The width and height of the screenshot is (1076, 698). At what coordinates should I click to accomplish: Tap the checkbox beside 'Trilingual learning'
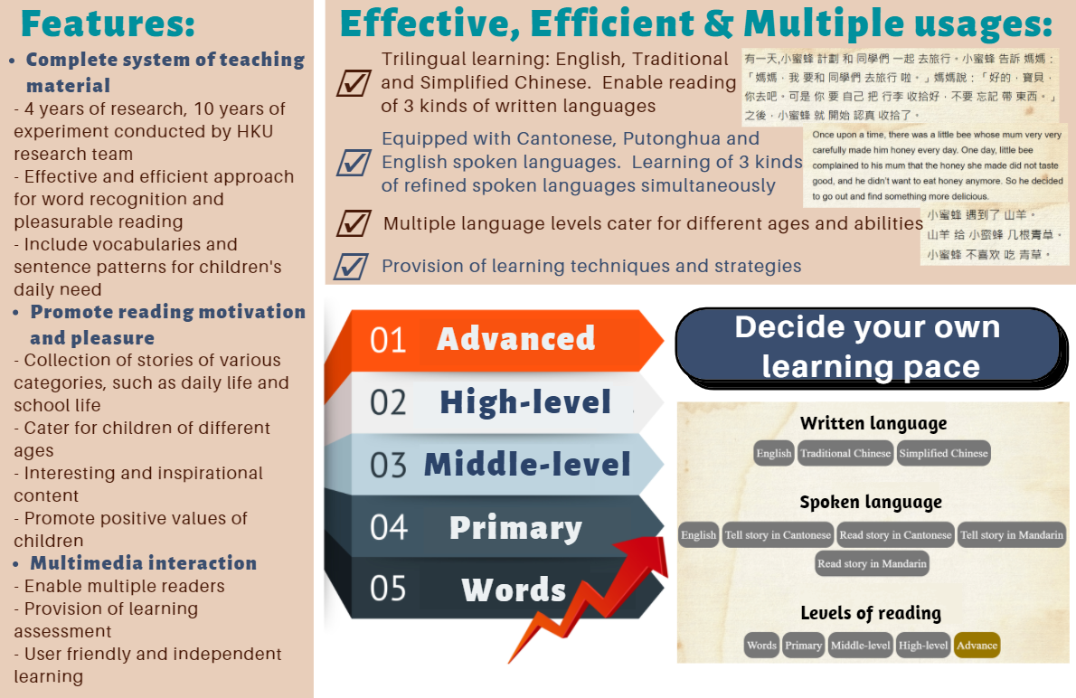(x=354, y=82)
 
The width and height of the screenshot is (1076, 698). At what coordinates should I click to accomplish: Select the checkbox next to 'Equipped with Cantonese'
(x=354, y=163)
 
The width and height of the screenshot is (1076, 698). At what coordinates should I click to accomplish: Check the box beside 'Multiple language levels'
(x=354, y=223)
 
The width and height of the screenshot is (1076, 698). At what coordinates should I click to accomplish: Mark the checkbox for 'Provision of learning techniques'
(x=352, y=267)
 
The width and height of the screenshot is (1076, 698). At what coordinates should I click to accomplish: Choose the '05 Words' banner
(x=494, y=589)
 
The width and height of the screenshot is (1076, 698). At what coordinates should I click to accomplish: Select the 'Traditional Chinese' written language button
(x=845, y=453)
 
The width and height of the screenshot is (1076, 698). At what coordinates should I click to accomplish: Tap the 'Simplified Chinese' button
(x=944, y=453)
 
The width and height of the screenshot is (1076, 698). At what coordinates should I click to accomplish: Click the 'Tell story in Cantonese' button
(x=778, y=534)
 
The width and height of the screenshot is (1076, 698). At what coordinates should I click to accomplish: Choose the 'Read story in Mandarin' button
(x=873, y=563)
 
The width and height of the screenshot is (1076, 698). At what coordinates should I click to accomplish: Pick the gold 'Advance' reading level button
(x=977, y=646)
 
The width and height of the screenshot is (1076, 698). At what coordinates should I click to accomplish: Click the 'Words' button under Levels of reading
(x=761, y=646)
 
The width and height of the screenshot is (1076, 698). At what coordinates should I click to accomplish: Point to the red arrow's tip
(x=665, y=540)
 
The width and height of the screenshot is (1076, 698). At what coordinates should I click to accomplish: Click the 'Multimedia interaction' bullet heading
(x=144, y=563)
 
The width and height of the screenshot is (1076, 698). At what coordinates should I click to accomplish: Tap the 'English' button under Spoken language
(x=699, y=534)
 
